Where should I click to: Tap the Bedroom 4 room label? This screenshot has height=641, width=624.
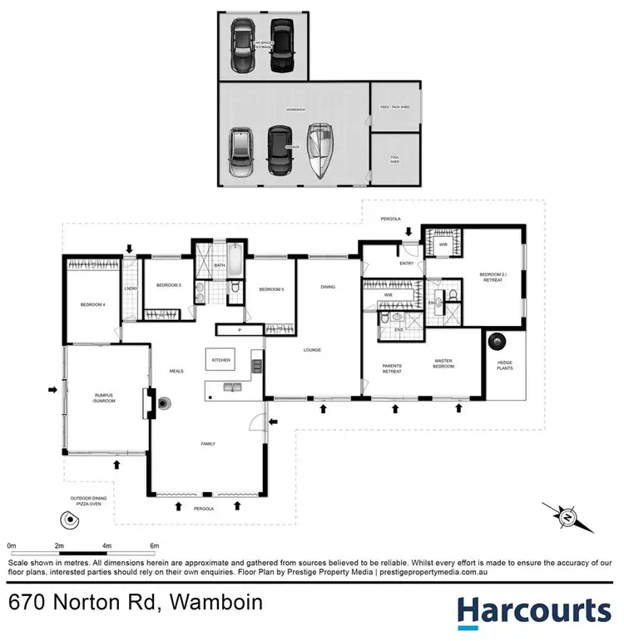(92, 305)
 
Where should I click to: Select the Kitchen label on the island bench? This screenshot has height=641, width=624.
(220, 360)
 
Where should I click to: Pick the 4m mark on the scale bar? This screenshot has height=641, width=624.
(106, 545)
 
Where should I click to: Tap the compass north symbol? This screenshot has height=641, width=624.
(566, 518)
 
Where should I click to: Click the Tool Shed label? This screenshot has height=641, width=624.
(394, 160)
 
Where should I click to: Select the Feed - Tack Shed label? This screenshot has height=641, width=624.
(394, 107)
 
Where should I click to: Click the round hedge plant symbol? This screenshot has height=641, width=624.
(498, 340)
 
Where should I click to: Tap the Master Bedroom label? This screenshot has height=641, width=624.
(443, 363)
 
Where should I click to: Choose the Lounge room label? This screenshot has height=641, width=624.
(311, 349)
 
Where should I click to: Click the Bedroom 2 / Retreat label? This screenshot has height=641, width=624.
(492, 277)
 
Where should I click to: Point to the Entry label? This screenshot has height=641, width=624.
(406, 264)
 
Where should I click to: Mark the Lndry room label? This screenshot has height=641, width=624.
(130, 288)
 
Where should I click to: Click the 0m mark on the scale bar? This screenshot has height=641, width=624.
(12, 545)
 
